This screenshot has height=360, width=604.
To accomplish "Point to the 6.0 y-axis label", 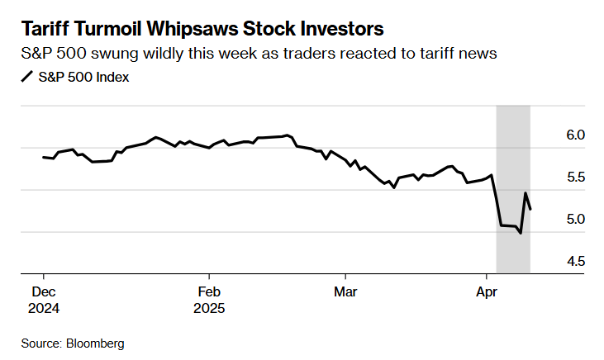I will [577, 135].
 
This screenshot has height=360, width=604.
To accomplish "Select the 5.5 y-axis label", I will [577, 177].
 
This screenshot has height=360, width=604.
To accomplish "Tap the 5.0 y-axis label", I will [577, 219].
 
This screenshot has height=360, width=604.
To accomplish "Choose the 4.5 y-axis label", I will [577, 261].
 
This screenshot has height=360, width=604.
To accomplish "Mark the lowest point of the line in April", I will [521, 234].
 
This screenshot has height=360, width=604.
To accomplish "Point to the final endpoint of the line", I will [530, 210].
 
